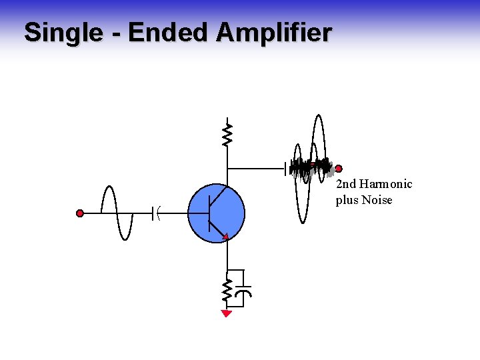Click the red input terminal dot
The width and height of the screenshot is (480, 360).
coord(80,213)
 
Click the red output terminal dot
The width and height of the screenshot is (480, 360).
coord(339,169)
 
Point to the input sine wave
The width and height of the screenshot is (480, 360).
coord(117,213)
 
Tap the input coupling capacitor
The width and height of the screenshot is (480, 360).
coord(156,213)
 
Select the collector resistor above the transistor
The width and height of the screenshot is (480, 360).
coord(227,133)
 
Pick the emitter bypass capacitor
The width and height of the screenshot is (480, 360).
coord(245,291)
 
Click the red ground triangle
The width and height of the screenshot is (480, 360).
coord(227,313)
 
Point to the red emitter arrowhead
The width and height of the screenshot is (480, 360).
coord(226,235)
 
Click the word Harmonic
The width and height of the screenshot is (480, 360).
coord(386,184)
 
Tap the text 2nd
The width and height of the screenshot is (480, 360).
coord(346,184)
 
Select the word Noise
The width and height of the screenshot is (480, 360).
coord(377,200)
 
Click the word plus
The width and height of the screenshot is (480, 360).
coord(347,201)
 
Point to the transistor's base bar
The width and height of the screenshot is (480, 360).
coord(210,213)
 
